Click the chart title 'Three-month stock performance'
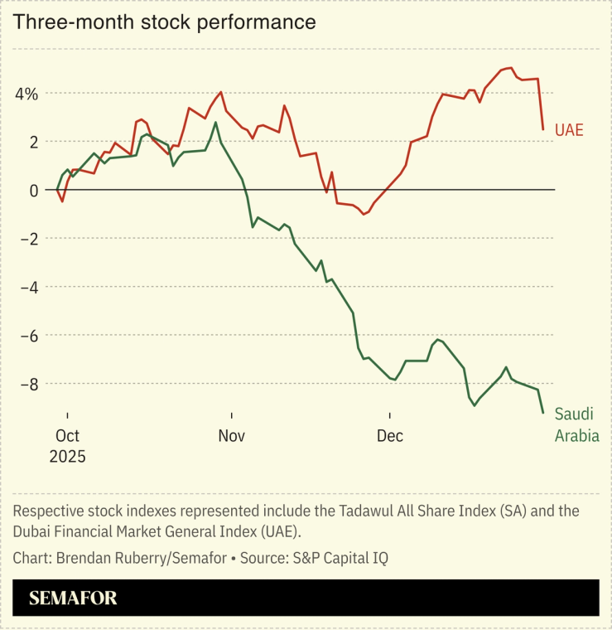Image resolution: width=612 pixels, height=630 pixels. (164, 22)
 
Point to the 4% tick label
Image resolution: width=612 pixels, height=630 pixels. (25, 94)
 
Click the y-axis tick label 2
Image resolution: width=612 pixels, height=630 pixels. (33, 142)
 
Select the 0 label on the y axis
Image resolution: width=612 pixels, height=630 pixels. (34, 191)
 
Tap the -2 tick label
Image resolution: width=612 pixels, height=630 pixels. (30, 239)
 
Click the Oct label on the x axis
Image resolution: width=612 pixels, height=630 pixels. (67, 435)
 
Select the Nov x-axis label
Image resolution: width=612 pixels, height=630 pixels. (232, 435)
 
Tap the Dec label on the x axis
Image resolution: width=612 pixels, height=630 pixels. (389, 435)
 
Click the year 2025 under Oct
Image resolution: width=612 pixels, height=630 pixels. (67, 456)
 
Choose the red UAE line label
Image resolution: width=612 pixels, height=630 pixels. (569, 129)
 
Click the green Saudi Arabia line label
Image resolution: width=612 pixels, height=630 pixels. (576, 424)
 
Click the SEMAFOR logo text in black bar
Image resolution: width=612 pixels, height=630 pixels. (73, 598)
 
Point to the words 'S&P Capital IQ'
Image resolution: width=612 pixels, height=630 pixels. (340, 558)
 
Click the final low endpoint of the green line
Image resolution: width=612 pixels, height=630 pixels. (543, 412)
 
